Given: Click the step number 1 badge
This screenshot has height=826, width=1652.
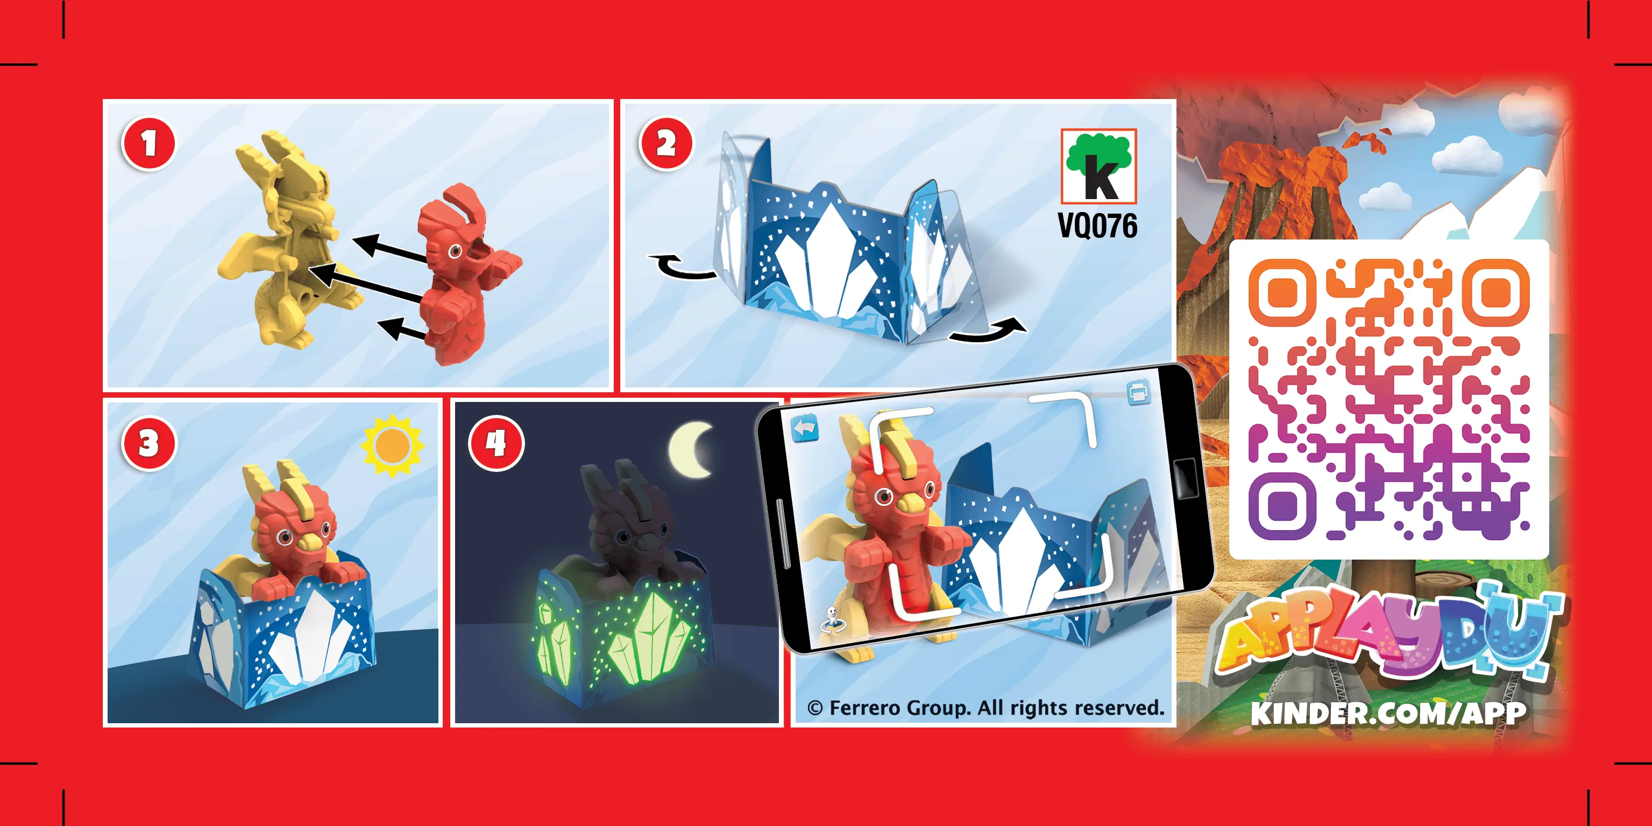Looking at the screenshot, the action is coord(148,143).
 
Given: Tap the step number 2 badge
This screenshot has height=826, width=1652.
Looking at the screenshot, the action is coord(665,143).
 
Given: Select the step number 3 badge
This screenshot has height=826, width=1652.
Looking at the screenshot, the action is coord(148,443).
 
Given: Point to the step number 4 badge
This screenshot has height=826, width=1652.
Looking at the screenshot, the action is coord(496,443).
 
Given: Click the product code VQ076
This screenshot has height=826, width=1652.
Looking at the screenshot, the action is coord(1097,226).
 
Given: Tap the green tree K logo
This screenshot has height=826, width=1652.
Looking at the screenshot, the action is coord(1098,166).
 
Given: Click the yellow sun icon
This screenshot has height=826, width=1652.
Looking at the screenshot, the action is coord(392,445).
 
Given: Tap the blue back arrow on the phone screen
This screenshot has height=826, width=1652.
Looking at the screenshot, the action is coord(804,428).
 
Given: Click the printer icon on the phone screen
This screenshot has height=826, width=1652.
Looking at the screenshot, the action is coord(1138,392).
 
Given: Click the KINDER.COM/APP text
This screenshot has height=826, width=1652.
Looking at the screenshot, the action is coord(1388,713).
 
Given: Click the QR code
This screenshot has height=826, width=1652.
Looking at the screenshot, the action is coord(1389,399).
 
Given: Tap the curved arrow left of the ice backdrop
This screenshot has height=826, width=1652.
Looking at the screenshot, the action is coord(682,267).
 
